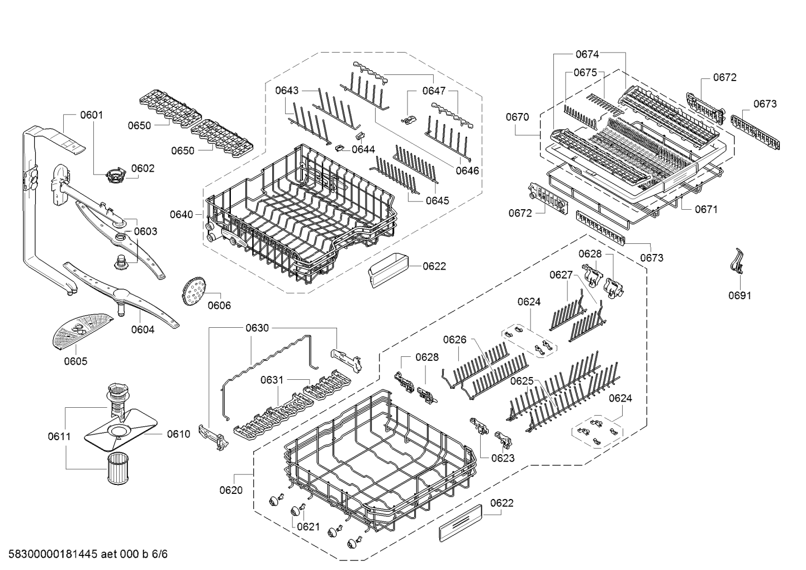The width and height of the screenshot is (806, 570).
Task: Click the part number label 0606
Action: point(219,305)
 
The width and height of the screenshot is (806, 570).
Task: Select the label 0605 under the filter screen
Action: point(75,361)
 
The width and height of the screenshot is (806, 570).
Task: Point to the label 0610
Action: point(178,434)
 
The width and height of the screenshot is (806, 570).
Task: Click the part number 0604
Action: point(143,329)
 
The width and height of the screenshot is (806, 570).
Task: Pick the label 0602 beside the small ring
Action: point(143,168)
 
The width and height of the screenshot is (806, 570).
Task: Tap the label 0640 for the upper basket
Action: point(181,215)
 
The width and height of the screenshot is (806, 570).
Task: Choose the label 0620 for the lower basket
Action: point(231,490)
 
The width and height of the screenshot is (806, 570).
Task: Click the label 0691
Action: point(740,295)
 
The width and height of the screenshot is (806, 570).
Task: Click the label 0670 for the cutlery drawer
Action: point(518,117)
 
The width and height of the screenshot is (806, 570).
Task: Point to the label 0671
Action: point(707,209)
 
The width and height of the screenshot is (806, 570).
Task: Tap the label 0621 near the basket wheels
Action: point(309,527)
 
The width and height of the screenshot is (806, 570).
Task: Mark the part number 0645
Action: point(438,201)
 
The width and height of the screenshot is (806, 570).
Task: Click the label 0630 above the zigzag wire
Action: point(257,328)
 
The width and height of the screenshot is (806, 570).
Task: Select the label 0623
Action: point(503,458)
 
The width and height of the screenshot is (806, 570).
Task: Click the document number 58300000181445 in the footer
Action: point(53,554)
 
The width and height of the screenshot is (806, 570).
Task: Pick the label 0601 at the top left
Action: point(92,115)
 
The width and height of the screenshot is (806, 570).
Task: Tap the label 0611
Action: point(59,436)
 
